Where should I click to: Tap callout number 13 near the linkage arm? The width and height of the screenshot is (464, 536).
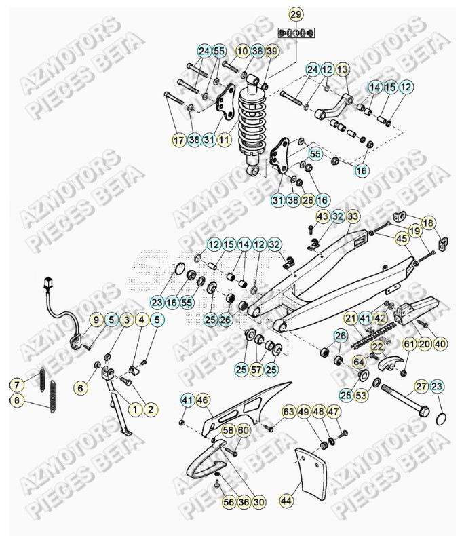click(x=342, y=69)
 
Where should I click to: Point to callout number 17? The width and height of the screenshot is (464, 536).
click(x=178, y=140)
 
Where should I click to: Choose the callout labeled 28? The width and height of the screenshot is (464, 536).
click(x=308, y=200)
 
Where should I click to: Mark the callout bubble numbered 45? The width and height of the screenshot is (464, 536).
click(x=402, y=238)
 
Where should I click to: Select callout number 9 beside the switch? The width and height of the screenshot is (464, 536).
click(x=96, y=319)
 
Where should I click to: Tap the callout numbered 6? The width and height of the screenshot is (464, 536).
click(x=81, y=388)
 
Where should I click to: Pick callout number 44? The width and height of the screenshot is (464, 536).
click(x=286, y=501)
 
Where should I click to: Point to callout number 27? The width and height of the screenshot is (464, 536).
click(x=421, y=387)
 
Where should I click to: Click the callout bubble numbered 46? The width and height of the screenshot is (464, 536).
click(x=203, y=400)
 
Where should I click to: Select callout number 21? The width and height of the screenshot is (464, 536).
click(x=350, y=318)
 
